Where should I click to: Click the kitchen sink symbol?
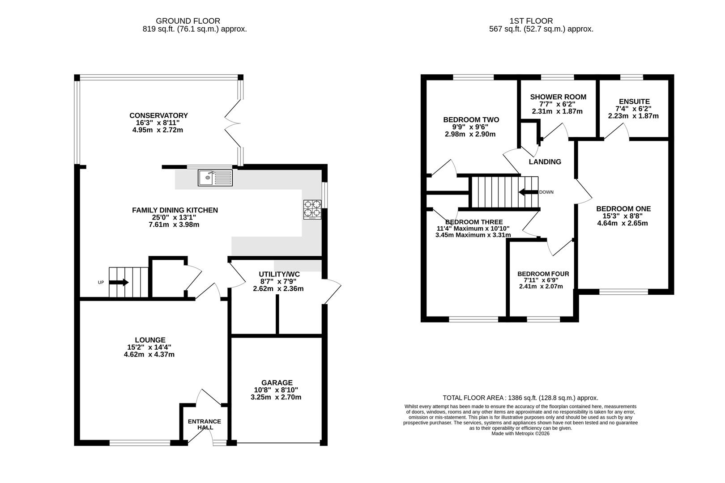(x=215, y=178)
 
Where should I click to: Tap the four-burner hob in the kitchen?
(x=312, y=209)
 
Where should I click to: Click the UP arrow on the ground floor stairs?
(x=119, y=283)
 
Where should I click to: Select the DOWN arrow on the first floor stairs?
(x=528, y=192)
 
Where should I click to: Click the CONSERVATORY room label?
(x=158, y=115)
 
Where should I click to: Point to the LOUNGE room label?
(x=150, y=340)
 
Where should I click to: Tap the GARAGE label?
(x=277, y=383)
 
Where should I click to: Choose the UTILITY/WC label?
(x=279, y=274)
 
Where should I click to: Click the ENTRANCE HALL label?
(x=205, y=424)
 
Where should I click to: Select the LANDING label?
(x=545, y=162)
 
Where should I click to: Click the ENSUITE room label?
(x=635, y=102)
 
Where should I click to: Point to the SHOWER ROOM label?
(x=559, y=97)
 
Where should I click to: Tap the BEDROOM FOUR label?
(x=543, y=274)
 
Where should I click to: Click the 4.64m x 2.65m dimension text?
(x=623, y=223)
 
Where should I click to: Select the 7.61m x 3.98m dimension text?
(x=174, y=225)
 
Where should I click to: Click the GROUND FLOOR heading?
(x=188, y=21)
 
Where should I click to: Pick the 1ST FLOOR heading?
(x=532, y=21)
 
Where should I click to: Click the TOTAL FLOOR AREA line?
(x=520, y=398)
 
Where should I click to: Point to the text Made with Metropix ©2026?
(x=520, y=433)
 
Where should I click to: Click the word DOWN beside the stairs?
(x=546, y=192)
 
